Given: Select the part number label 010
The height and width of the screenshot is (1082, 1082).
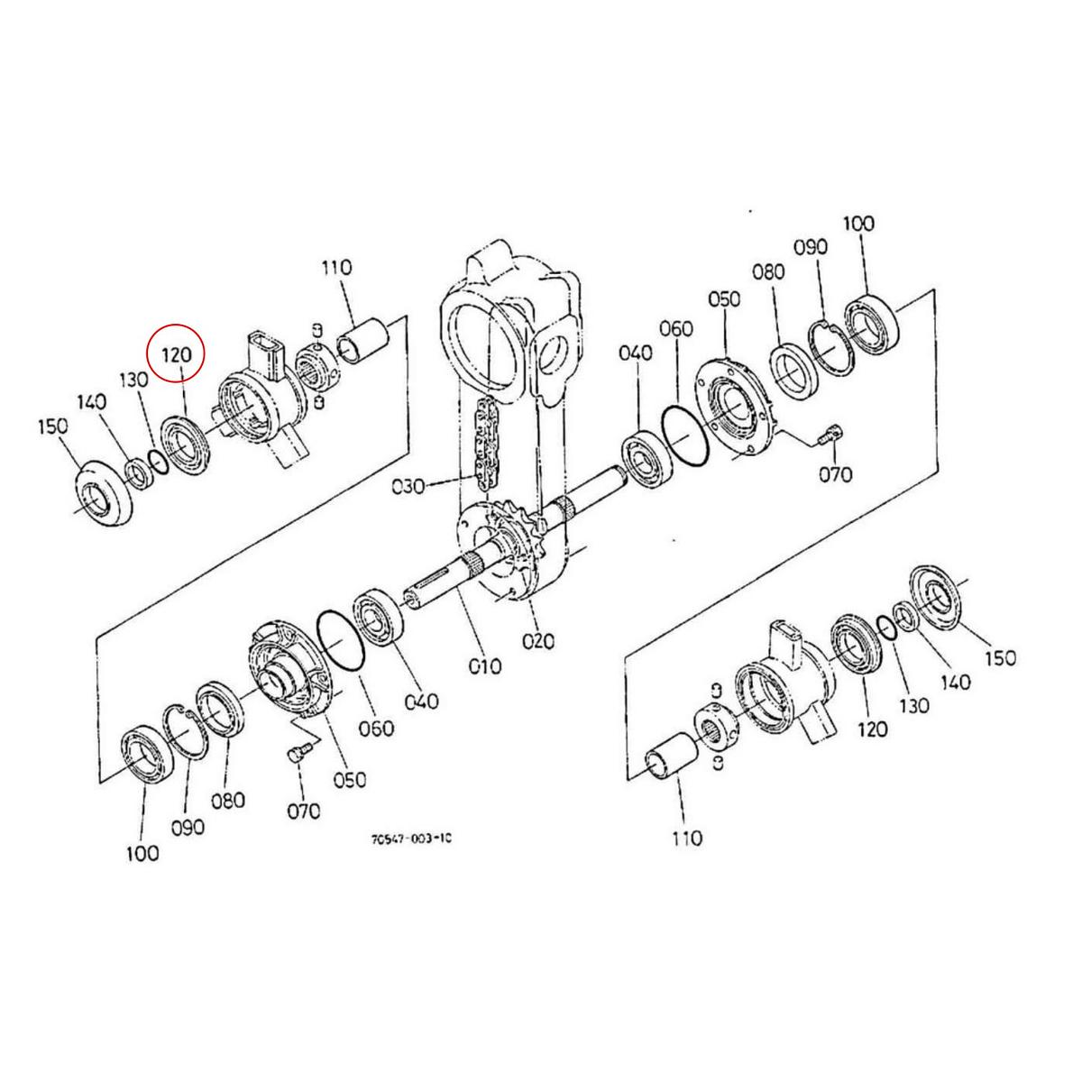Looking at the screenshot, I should (484, 666).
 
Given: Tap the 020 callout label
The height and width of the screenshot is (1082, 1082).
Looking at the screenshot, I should (539, 641).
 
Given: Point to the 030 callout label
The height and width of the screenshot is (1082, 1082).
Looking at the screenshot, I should (408, 487).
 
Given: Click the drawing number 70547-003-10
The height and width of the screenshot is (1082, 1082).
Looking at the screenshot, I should (411, 839).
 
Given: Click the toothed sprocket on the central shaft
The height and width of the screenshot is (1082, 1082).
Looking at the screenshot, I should (518, 540).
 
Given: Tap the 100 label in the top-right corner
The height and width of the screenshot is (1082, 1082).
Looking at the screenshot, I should (857, 225).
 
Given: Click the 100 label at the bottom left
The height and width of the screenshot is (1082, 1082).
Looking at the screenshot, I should (142, 852).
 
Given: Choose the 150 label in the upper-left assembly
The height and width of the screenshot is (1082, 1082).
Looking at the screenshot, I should (52, 426).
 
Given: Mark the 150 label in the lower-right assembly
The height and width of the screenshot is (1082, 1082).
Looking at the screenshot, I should (999, 657).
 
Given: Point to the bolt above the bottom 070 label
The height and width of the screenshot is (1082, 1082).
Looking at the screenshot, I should (301, 753).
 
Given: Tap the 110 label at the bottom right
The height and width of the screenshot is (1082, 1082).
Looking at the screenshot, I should (686, 839).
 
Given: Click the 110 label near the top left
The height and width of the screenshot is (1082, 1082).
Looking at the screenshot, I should (336, 268).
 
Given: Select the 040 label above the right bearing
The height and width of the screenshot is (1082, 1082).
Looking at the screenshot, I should (635, 353).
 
